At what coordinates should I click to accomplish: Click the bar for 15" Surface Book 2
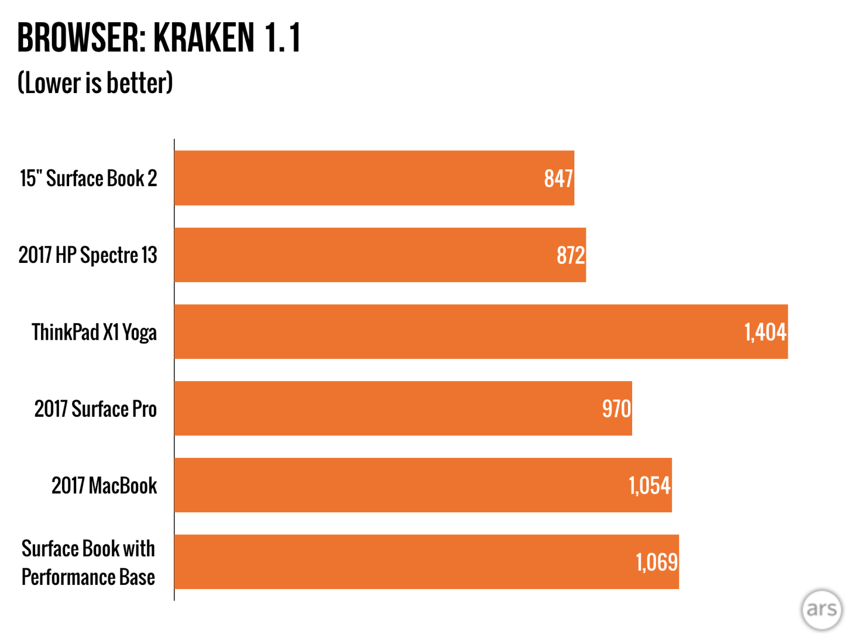click(x=374, y=178)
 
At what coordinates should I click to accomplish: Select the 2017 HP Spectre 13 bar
click(x=380, y=255)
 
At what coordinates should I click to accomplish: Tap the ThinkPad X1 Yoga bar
click(x=481, y=332)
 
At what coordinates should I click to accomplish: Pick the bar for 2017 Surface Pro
click(x=403, y=408)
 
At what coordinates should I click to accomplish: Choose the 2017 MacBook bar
click(x=423, y=485)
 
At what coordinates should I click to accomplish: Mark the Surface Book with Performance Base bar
click(x=427, y=562)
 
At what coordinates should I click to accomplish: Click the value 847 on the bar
click(x=558, y=178)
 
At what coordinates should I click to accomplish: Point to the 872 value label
click(x=571, y=255)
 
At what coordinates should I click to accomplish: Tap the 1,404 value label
click(x=765, y=332)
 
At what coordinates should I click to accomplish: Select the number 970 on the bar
click(x=616, y=409)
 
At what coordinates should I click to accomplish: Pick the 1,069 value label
click(x=657, y=562)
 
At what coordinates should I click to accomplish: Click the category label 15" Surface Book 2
click(x=88, y=178)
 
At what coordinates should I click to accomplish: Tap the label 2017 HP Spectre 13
click(x=88, y=255)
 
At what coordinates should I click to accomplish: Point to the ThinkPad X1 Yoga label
click(x=94, y=332)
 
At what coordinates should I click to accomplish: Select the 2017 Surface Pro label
click(x=95, y=409)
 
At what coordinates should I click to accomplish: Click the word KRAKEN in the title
click(x=204, y=38)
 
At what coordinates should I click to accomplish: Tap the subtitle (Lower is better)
click(x=95, y=83)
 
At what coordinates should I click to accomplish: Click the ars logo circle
click(x=822, y=609)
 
